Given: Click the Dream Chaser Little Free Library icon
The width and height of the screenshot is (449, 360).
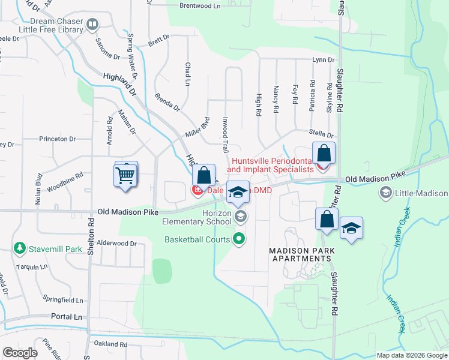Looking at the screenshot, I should pyautogui.click(x=92, y=24).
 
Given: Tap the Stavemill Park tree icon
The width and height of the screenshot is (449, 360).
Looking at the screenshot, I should pyautogui.click(x=20, y=247).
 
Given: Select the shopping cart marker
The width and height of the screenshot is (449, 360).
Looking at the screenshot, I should pyautogui.click(x=125, y=176).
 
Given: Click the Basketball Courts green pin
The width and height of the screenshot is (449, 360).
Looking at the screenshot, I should pyautogui.click(x=240, y=239).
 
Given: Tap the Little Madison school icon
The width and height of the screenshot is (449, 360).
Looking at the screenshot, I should pyautogui.click(x=385, y=193).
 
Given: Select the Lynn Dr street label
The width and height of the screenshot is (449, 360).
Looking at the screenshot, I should pyautogui.click(x=322, y=59).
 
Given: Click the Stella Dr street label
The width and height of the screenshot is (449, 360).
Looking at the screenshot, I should pyautogui.click(x=321, y=133).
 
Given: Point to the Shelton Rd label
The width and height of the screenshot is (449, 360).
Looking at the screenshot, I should pyautogui.click(x=91, y=229).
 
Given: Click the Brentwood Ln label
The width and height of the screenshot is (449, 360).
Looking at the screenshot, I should pyautogui.click(x=200, y=5).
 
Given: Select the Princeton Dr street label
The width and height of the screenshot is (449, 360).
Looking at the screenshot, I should pyautogui.click(x=57, y=139).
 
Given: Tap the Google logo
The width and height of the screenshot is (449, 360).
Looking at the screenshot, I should pyautogui.click(x=20, y=352).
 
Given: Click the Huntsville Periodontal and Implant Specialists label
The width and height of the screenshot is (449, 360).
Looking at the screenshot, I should pyautogui.click(x=273, y=165).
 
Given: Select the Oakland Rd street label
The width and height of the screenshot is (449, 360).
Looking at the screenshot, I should pyautogui.click(x=110, y=344).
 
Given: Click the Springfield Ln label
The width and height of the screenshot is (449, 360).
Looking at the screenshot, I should pyautogui.click(x=62, y=298).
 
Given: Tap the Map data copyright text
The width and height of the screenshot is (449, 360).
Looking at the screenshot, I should pyautogui.click(x=412, y=355).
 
